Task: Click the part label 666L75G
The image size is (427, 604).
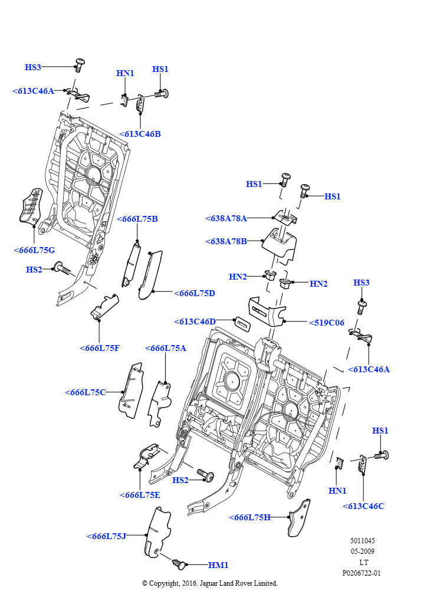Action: [x=34, y=250]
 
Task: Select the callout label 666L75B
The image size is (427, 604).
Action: [x=137, y=219]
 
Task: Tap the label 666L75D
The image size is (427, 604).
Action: [x=195, y=293]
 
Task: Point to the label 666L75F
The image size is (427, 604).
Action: [x=100, y=348]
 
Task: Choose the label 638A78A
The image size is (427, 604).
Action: [x=226, y=218]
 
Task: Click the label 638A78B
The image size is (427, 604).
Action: [x=226, y=241]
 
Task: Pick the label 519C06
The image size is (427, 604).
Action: [x=327, y=323]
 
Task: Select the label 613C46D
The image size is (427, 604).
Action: [x=195, y=321]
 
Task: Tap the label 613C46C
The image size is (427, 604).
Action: [x=363, y=506]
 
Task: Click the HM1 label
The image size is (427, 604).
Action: [x=218, y=565]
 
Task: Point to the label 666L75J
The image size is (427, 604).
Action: [x=106, y=536]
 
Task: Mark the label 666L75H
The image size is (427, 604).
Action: [x=250, y=517]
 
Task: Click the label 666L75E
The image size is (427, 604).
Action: [x=140, y=495]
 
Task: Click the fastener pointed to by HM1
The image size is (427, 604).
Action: [x=179, y=564]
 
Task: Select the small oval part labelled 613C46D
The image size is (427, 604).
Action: [x=243, y=323]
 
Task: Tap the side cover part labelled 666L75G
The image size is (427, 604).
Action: [x=31, y=206]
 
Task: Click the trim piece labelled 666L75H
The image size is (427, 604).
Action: [x=299, y=518]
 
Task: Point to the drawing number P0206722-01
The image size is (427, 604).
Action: [x=362, y=573]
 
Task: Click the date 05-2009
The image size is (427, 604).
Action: [x=362, y=552]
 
